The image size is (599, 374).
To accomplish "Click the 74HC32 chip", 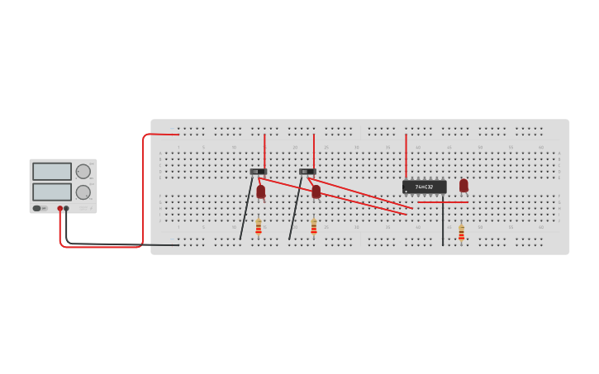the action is coord(424,187).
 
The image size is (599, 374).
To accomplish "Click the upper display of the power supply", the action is coord(52,171).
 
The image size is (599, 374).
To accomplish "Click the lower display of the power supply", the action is coord(52,192).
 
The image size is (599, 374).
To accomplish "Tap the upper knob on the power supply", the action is coord(83,172).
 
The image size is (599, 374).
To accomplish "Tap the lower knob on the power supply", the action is coord(83,192).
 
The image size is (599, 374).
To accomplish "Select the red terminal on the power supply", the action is coord(60,209).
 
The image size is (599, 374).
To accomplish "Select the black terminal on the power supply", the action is coord(67,209).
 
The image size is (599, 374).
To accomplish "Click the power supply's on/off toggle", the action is coord(37,208).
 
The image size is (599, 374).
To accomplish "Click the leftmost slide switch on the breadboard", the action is coord(258,172).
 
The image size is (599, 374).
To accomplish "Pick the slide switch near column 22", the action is coord(307,172).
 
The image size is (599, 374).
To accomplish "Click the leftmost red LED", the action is coord(261,192).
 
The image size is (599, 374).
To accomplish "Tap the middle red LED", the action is coord(316,192).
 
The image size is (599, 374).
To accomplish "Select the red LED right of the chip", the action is coord(464,186).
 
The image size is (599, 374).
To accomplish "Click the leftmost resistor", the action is coord(259,225).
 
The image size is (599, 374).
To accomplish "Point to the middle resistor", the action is coord(314,225).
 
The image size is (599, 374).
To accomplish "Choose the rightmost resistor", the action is coord(461,232).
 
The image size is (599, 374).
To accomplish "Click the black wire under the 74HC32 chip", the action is coord(443,223).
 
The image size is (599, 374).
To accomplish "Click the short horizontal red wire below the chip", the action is coord(442,201).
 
